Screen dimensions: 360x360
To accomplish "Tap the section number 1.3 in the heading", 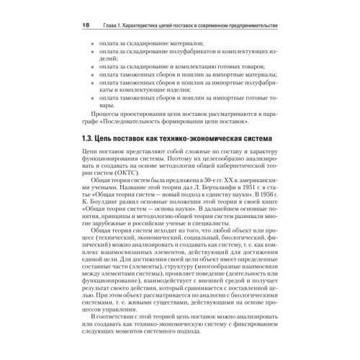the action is pos(86,138).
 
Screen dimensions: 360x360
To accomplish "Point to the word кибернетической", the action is pos(238,164).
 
